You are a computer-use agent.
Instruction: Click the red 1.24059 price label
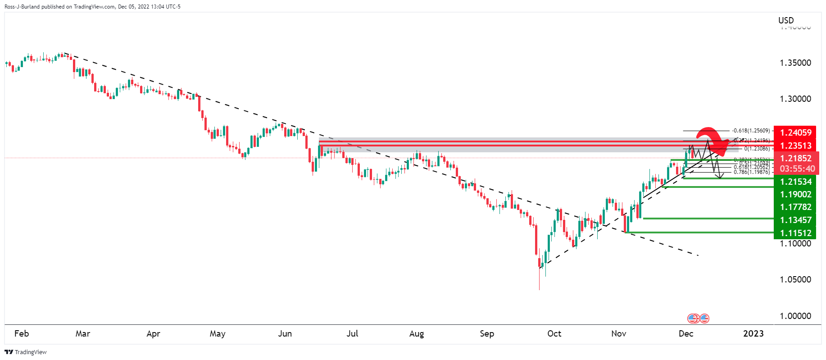coord(796,132)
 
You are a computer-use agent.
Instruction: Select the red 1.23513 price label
coord(796,146)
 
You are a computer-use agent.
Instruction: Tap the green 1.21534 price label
coord(796,182)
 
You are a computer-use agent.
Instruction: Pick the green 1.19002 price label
coord(796,194)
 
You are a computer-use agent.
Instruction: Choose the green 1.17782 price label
coord(796,207)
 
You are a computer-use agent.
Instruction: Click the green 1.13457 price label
coord(796,220)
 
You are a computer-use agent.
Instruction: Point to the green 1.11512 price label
coord(796,233)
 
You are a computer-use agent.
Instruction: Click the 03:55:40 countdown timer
coord(797,169)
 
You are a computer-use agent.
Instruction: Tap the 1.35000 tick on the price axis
coord(795,63)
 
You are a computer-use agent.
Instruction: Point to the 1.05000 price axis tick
coord(795,279)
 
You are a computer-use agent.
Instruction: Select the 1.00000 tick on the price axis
coord(795,316)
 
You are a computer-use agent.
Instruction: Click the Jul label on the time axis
coord(352,333)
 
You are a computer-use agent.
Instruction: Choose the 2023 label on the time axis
coord(753,333)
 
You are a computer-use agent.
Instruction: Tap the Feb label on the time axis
coord(22,333)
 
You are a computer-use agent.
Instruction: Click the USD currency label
coord(786,20)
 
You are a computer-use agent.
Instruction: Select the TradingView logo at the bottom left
coord(26,352)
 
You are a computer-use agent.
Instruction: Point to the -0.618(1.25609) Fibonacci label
coord(751,131)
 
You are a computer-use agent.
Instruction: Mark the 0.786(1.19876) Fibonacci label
coord(751,172)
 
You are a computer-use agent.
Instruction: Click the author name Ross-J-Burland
coord(22,7)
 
